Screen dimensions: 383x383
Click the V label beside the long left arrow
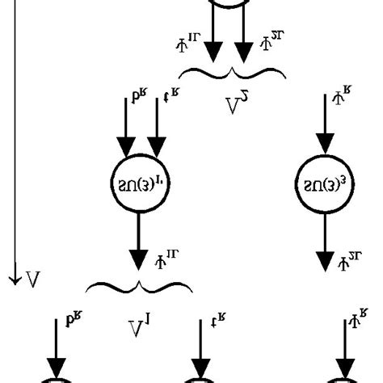[33, 280]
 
